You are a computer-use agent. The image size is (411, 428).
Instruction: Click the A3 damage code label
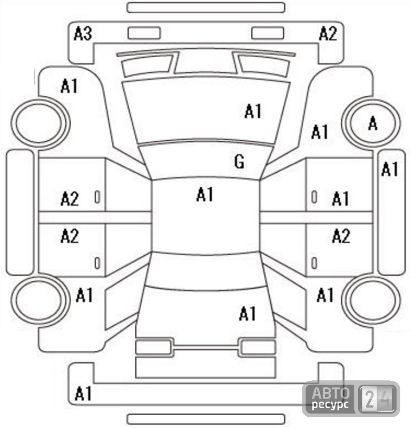83,34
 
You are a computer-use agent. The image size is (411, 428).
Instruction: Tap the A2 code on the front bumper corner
328,34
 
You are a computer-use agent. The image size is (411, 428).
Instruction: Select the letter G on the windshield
240,162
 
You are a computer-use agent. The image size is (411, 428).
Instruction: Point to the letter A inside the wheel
373,123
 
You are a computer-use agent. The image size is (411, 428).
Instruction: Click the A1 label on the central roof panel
205,194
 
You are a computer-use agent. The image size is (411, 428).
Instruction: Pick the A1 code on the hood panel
253,111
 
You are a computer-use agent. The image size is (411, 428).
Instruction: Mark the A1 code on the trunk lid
247,314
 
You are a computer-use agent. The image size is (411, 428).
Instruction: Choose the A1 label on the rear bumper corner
83,394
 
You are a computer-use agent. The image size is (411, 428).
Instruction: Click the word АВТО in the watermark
331,393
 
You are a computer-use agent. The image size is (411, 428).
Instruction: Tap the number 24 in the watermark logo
377,399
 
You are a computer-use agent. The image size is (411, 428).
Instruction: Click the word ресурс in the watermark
330,404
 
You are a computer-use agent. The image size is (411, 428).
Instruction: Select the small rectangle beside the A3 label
144,33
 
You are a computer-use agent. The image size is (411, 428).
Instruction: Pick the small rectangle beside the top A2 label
268,33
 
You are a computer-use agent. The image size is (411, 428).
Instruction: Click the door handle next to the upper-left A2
97,197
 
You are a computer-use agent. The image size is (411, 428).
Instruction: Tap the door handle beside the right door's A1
314,197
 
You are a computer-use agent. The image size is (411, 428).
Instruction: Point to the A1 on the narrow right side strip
390,169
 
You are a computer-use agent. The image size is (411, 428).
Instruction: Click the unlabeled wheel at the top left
40,124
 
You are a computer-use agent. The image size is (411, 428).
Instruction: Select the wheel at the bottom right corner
371,300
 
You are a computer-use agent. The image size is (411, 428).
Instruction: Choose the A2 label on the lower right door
341,236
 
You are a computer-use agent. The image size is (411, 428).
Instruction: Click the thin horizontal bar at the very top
206,7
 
